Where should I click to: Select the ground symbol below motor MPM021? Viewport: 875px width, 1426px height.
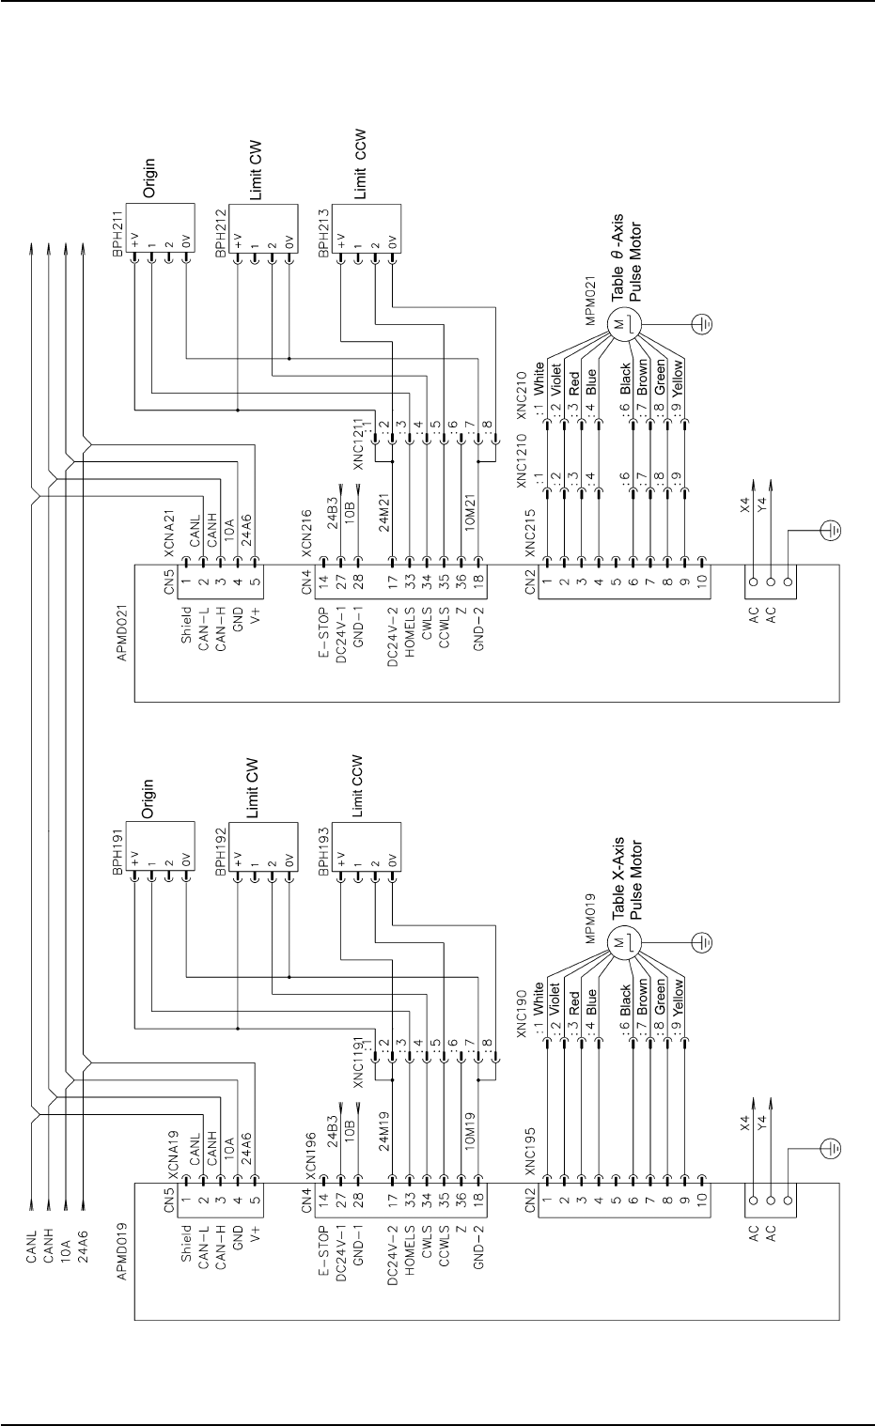click(x=701, y=324)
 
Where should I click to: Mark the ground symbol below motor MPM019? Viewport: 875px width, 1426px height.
click(x=701, y=942)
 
